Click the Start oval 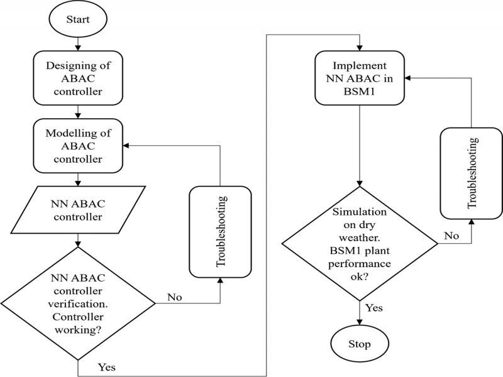click(78, 19)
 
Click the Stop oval click(359, 344)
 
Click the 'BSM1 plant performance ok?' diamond click(359, 242)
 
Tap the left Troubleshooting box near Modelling click(220, 232)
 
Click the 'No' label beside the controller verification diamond click(175, 296)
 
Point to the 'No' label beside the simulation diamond click(450, 236)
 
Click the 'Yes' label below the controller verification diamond click(106, 366)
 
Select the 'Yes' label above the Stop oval click(373, 308)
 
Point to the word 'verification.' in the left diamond click(78, 303)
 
